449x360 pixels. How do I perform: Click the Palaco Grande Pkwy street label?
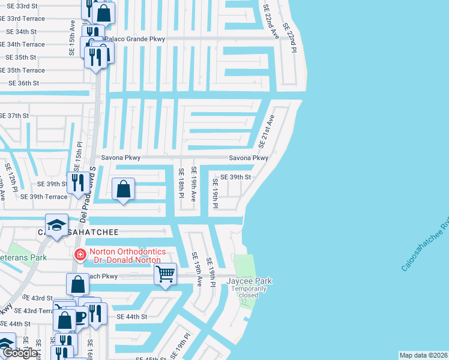tap(135, 39)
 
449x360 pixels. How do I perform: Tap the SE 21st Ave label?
tap(266, 131)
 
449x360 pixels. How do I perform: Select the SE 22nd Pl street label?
tap(290, 39)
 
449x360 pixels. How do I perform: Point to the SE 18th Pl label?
tap(180, 183)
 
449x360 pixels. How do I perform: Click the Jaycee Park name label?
tap(249, 281)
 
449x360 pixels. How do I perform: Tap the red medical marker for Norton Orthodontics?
tap(79, 255)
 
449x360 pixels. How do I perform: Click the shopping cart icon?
tap(165, 274)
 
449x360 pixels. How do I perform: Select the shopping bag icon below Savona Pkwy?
tap(123, 189)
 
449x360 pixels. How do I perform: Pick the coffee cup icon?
tap(79, 316)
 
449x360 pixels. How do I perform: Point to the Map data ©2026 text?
tap(423, 355)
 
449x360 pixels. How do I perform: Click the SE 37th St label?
tap(14, 115)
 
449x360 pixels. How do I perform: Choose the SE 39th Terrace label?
tap(44, 196)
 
